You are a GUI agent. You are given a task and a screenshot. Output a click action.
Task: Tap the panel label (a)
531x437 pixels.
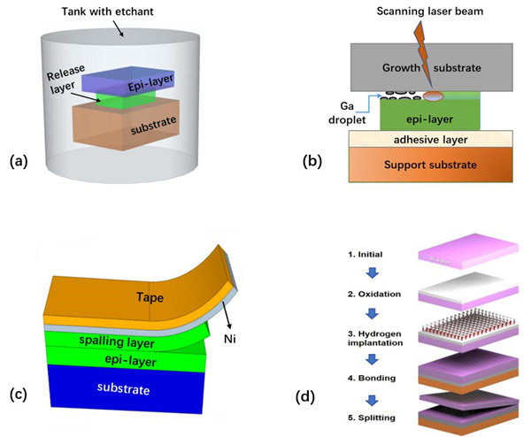point(19,162)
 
